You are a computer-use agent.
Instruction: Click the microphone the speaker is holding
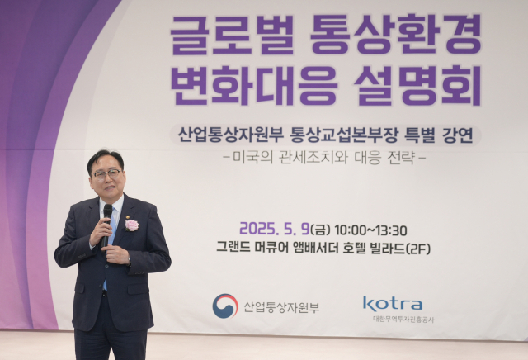[106, 216]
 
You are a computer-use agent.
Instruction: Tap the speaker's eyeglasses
[107, 174]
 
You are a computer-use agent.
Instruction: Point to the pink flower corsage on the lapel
[131, 225]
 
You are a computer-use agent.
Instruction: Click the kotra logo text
[393, 304]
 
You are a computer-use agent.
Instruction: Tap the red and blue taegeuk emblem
[224, 306]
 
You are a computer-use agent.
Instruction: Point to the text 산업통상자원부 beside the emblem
[281, 307]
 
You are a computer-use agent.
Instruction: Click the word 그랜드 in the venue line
[235, 248]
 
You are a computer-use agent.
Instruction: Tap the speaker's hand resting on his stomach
[115, 256]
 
